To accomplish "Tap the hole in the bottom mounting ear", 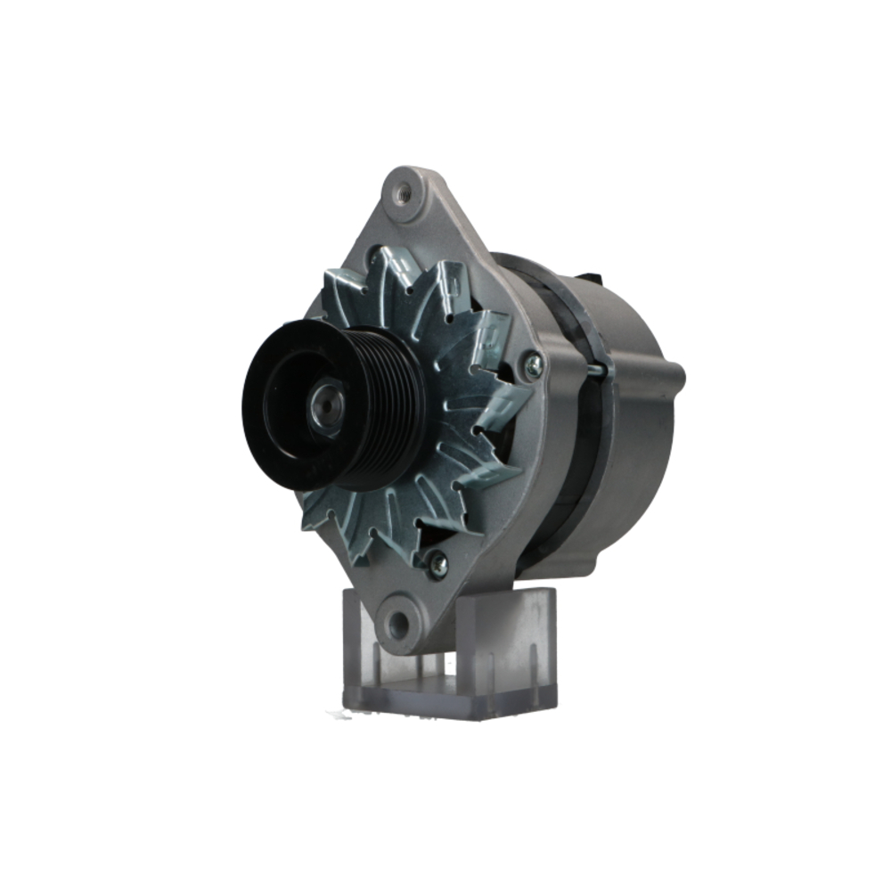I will click(396, 620).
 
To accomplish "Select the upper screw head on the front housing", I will click(533, 364).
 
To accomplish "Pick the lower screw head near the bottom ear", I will click(437, 563).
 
